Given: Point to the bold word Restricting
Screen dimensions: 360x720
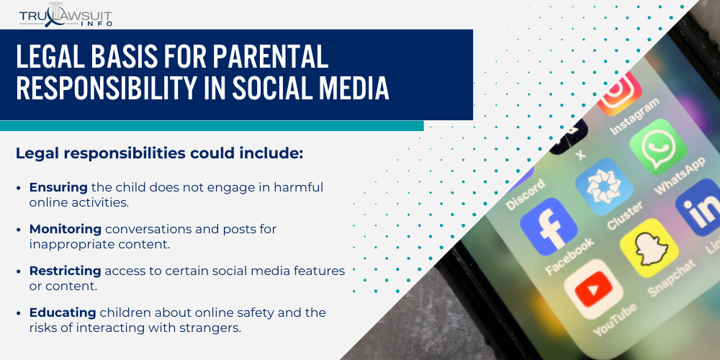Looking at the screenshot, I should pyautogui.click(x=66, y=271).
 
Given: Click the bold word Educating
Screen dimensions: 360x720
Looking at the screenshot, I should pyautogui.click(x=63, y=312).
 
